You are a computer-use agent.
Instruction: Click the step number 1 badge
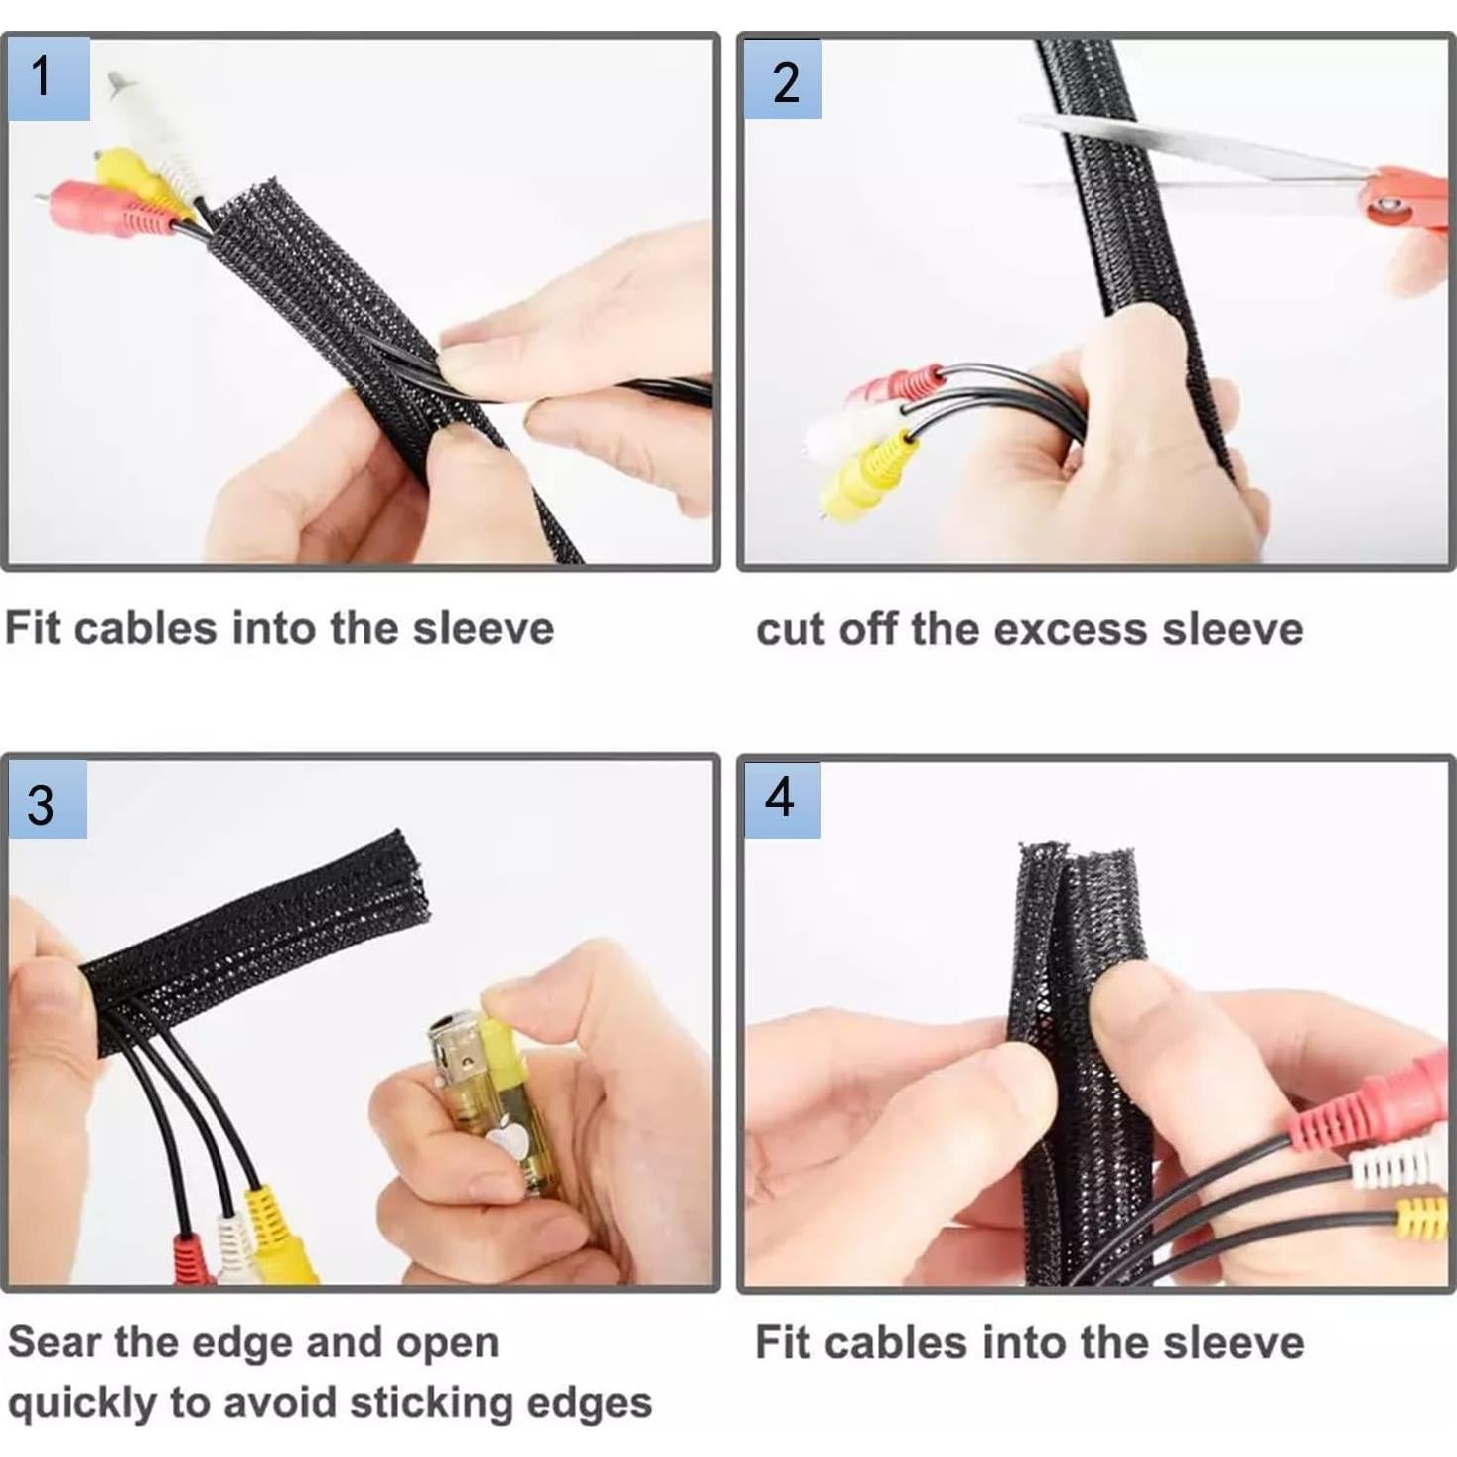(x=48, y=78)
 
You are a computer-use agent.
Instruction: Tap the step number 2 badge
(x=784, y=80)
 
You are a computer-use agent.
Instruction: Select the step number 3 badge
(x=47, y=801)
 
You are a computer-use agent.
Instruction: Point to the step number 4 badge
(x=783, y=800)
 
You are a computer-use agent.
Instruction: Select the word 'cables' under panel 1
(x=145, y=629)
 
